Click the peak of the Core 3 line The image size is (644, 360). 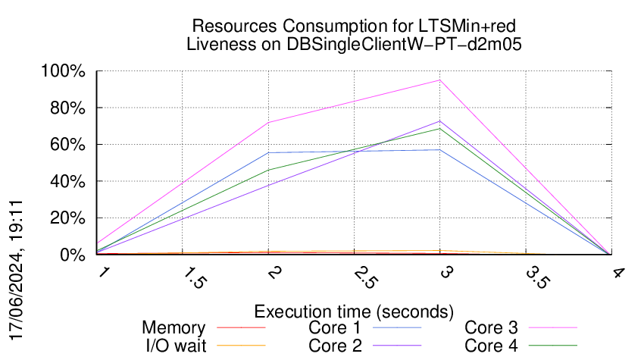[439, 80]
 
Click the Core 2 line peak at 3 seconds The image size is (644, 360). [439, 121]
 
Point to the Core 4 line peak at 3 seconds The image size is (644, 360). [439, 128]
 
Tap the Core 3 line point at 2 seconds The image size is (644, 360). [268, 123]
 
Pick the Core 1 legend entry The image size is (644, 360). [371, 328]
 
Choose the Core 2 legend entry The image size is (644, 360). [371, 346]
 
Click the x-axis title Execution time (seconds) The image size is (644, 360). [354, 311]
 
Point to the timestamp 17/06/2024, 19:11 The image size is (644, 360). [18, 269]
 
